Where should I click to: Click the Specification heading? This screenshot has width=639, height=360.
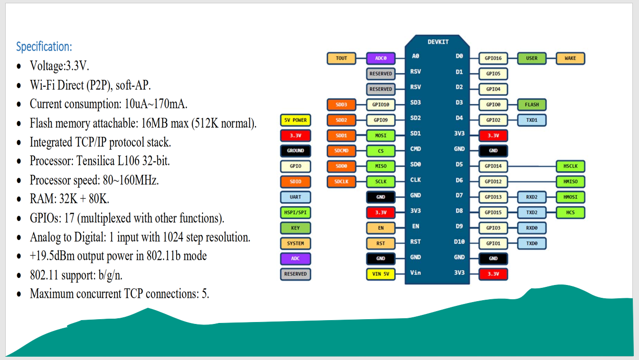(x=44, y=47)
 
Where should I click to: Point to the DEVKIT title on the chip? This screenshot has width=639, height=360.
(x=438, y=42)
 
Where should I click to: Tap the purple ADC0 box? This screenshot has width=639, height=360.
(x=381, y=58)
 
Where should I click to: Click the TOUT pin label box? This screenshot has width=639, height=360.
(x=341, y=58)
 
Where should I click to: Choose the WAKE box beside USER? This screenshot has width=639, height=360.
(x=570, y=58)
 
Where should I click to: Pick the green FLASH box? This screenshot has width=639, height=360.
(x=532, y=104)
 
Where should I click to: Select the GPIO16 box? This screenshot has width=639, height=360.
(x=493, y=58)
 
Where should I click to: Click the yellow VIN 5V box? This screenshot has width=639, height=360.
(x=381, y=274)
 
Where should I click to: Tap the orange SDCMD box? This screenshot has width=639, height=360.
(x=341, y=151)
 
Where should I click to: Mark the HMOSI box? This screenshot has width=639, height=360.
(x=570, y=197)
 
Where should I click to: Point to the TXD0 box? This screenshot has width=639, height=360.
(x=532, y=243)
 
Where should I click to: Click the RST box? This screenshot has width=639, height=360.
(x=381, y=243)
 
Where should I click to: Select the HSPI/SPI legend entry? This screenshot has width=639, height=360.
(x=295, y=212)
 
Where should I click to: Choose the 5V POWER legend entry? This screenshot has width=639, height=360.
(x=295, y=120)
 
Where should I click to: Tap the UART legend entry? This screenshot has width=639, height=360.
(x=295, y=197)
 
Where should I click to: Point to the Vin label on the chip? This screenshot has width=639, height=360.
(x=415, y=273)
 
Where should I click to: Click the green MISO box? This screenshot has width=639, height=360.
(x=381, y=166)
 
